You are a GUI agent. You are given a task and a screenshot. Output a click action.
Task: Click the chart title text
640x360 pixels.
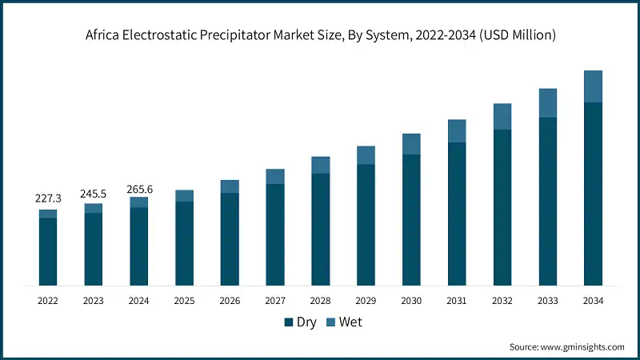(x=320, y=34)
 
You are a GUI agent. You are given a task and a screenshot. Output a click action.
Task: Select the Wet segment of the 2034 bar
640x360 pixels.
(x=593, y=86)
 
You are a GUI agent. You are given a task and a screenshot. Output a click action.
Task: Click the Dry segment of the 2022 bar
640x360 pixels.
(x=48, y=251)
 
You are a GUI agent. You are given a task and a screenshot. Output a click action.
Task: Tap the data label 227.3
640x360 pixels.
(x=48, y=197)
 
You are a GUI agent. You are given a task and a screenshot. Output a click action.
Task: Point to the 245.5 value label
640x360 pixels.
(x=94, y=193)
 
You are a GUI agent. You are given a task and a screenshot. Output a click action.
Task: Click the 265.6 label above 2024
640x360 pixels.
(x=139, y=189)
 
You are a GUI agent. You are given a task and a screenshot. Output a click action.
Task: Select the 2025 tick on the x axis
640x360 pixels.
(x=184, y=301)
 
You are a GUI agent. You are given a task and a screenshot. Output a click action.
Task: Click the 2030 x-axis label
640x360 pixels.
(x=411, y=301)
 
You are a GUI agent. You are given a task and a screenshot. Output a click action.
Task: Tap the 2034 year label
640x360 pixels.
(x=593, y=301)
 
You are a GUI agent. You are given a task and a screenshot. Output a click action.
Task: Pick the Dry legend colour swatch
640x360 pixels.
(x=289, y=322)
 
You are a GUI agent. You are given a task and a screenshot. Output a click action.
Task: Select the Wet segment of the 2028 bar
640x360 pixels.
(x=320, y=165)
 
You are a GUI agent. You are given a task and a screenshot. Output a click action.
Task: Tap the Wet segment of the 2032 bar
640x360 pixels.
(x=502, y=116)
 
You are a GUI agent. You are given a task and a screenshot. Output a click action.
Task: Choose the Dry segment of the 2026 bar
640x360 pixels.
(x=230, y=239)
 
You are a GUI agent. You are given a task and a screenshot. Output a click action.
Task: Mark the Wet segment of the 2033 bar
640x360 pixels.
(x=547, y=102)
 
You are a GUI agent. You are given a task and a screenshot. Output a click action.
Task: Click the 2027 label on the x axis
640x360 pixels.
(x=275, y=301)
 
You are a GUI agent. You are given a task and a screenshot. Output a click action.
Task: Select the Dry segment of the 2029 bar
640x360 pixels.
(x=366, y=225)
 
